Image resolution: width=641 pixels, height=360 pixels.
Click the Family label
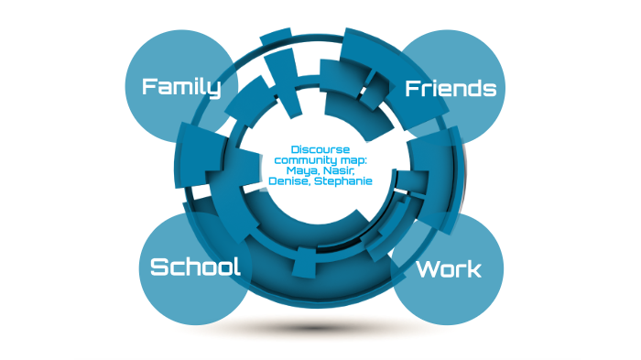(181, 87)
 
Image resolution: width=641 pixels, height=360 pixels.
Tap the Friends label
(451, 88)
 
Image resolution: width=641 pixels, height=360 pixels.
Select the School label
(195, 267)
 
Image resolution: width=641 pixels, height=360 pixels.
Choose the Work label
(448, 269)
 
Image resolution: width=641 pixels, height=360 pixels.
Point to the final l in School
(236, 267)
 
